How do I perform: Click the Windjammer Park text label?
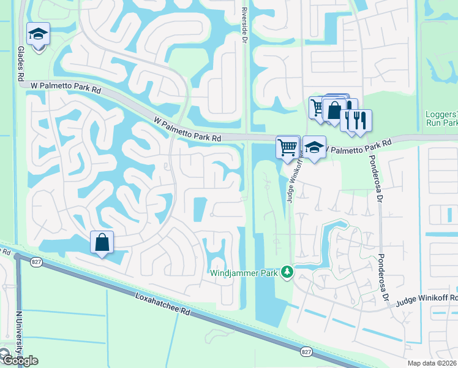click(x=244, y=272)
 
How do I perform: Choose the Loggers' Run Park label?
click(x=441, y=118)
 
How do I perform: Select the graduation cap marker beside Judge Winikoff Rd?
click(x=314, y=148)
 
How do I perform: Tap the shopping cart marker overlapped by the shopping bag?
click(x=317, y=108)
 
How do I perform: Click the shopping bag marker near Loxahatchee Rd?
click(x=102, y=242)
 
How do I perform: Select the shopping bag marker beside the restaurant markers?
click(x=334, y=110)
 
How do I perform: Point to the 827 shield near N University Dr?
click(x=21, y=263)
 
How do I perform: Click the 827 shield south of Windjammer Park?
click(x=307, y=351)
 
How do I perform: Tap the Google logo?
click(x=19, y=361)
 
